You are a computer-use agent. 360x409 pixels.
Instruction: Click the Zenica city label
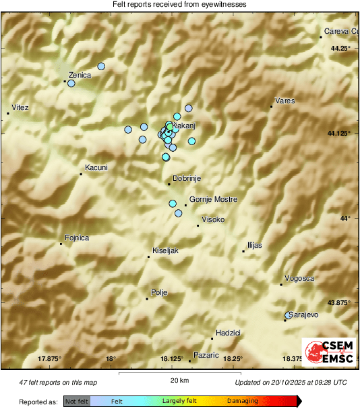click(80, 75)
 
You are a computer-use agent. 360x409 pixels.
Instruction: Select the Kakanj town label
click(185, 126)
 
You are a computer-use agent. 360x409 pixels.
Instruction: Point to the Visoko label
click(214, 220)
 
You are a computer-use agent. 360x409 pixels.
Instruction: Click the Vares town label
click(284, 101)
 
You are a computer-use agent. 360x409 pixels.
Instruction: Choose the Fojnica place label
click(77, 238)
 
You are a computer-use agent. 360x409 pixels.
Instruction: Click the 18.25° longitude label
click(233, 358)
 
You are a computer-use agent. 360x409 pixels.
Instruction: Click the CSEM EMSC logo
click(328, 351)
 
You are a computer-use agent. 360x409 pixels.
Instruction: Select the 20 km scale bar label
click(179, 380)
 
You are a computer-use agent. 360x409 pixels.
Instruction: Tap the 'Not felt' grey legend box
click(77, 402)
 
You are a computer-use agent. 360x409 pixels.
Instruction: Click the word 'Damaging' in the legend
click(241, 402)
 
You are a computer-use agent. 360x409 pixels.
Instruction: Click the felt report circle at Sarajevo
click(289, 315)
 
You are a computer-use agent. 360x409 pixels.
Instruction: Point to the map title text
click(179, 4)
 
